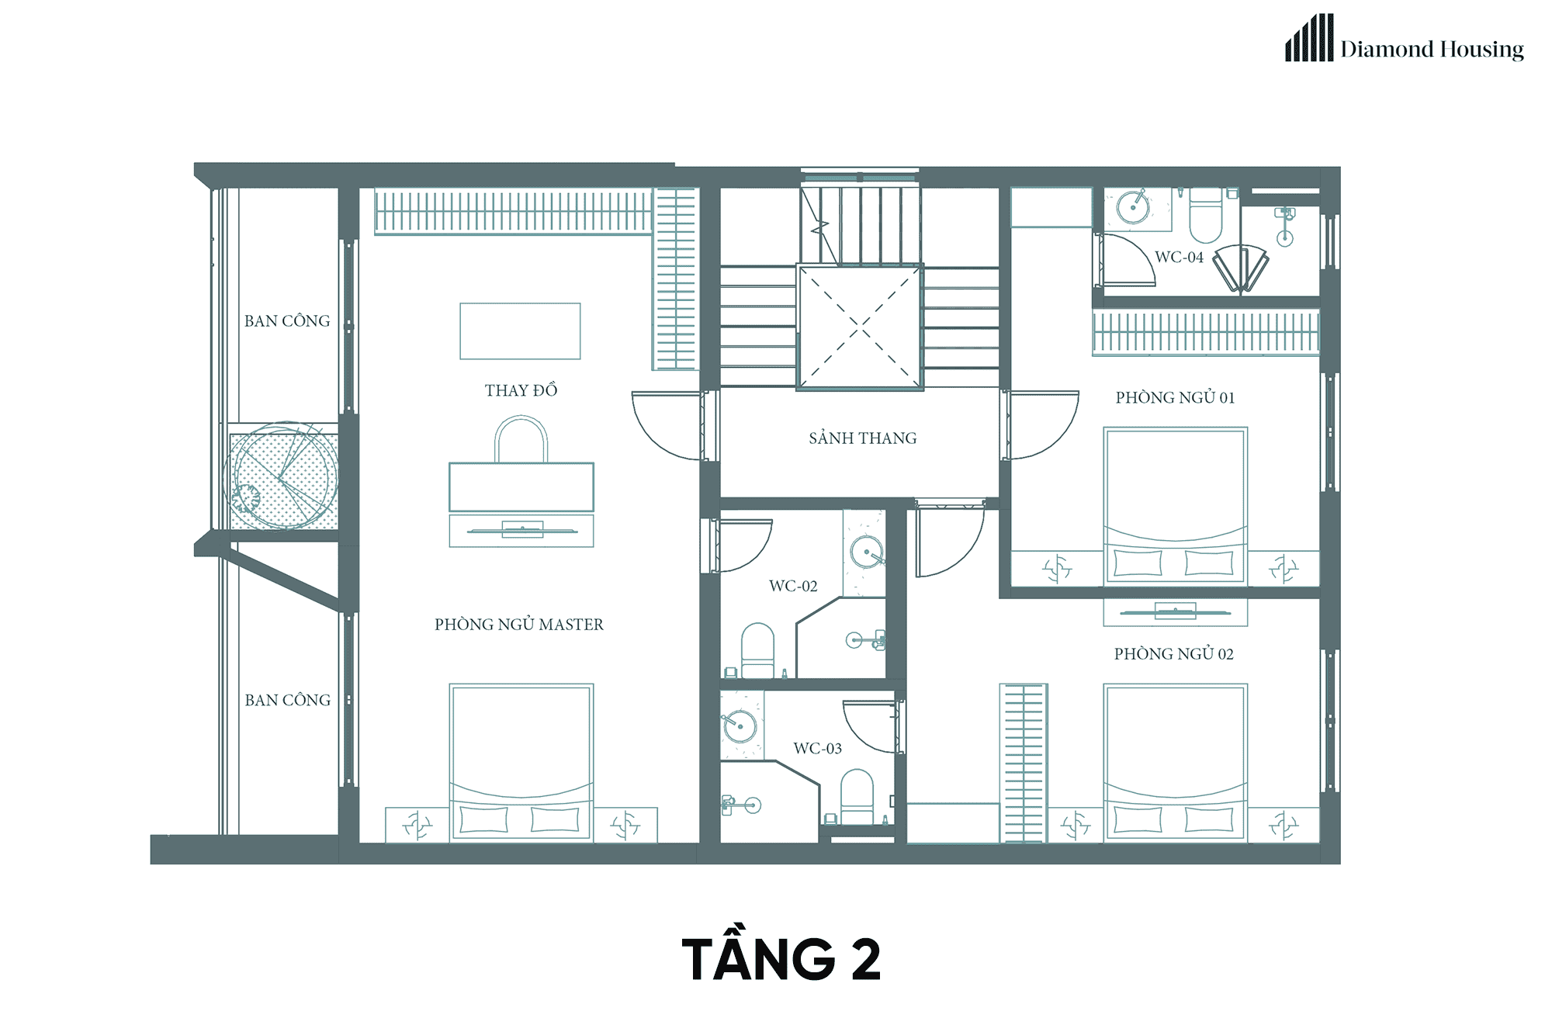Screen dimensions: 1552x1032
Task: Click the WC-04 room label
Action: tap(1179, 257)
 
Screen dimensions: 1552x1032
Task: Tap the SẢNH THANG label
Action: tap(863, 438)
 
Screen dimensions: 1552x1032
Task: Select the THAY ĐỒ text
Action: tap(521, 390)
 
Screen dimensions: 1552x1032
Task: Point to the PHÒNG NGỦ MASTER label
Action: tap(519, 624)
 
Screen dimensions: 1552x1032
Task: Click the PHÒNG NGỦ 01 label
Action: tap(1175, 397)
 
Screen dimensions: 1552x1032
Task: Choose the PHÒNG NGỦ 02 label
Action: tap(1174, 653)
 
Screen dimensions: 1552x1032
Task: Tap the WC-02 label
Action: tap(793, 586)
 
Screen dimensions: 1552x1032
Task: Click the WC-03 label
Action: tap(817, 748)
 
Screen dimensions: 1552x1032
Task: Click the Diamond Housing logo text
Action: tap(1432, 49)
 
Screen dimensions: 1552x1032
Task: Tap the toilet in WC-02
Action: tap(757, 650)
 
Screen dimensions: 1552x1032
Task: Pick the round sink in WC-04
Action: tap(1133, 207)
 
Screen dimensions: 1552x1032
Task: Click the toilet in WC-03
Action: tap(857, 796)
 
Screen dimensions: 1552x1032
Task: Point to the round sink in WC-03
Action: tap(740, 726)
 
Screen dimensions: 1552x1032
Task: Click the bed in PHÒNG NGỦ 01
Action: tap(1176, 506)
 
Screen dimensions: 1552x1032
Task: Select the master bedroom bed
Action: tap(521, 763)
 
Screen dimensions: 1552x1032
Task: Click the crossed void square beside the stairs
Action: tap(860, 327)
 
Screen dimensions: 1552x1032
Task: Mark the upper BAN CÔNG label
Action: tap(287, 320)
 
